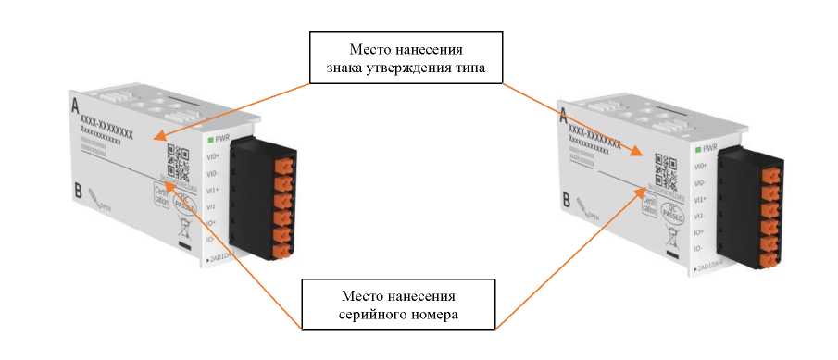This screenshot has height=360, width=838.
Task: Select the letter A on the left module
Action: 74,107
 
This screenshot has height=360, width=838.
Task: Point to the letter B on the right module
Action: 566,199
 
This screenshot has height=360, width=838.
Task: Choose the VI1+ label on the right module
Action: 702,198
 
